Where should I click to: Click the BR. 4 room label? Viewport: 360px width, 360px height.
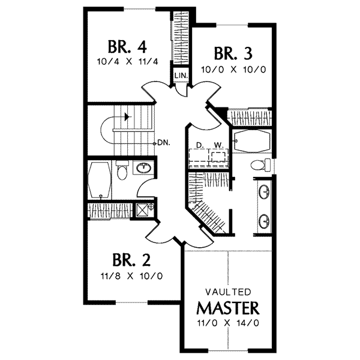[128, 47]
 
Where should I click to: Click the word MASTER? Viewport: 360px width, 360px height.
[229, 308]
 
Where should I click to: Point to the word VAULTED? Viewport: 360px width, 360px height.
[229, 292]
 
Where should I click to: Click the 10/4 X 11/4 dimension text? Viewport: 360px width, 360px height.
[128, 61]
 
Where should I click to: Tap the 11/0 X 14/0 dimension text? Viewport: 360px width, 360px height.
[229, 323]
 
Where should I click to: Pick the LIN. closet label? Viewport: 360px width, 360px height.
[181, 76]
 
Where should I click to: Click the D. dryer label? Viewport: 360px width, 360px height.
[199, 145]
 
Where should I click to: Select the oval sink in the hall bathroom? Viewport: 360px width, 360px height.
[143, 168]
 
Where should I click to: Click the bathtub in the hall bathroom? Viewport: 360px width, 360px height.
[100, 178]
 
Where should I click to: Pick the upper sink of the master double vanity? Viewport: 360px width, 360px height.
[264, 193]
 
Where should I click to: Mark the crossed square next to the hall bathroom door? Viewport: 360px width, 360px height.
[143, 210]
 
